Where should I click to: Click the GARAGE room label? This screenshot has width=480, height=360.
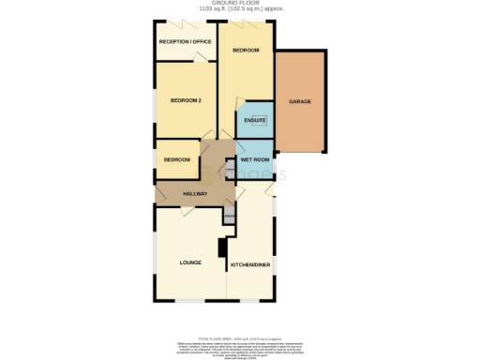(299, 101)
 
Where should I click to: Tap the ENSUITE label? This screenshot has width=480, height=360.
(254, 120)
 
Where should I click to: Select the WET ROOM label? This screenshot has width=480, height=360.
(255, 160)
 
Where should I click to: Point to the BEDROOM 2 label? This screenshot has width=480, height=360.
(186, 100)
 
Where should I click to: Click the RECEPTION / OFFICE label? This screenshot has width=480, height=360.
(186, 42)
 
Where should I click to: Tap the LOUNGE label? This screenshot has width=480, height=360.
(191, 262)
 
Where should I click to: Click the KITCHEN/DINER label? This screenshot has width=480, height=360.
(252, 266)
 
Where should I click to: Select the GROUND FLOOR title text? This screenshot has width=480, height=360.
(240, 4)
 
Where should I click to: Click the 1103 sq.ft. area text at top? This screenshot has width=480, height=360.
(240, 10)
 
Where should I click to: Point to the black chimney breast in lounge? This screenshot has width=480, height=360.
(222, 247)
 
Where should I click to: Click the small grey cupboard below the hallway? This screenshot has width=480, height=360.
(229, 217)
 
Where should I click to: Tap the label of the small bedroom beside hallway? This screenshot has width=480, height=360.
(177, 159)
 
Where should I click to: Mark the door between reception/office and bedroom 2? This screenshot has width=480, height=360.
(199, 59)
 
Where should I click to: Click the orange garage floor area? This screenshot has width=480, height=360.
(299, 122)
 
